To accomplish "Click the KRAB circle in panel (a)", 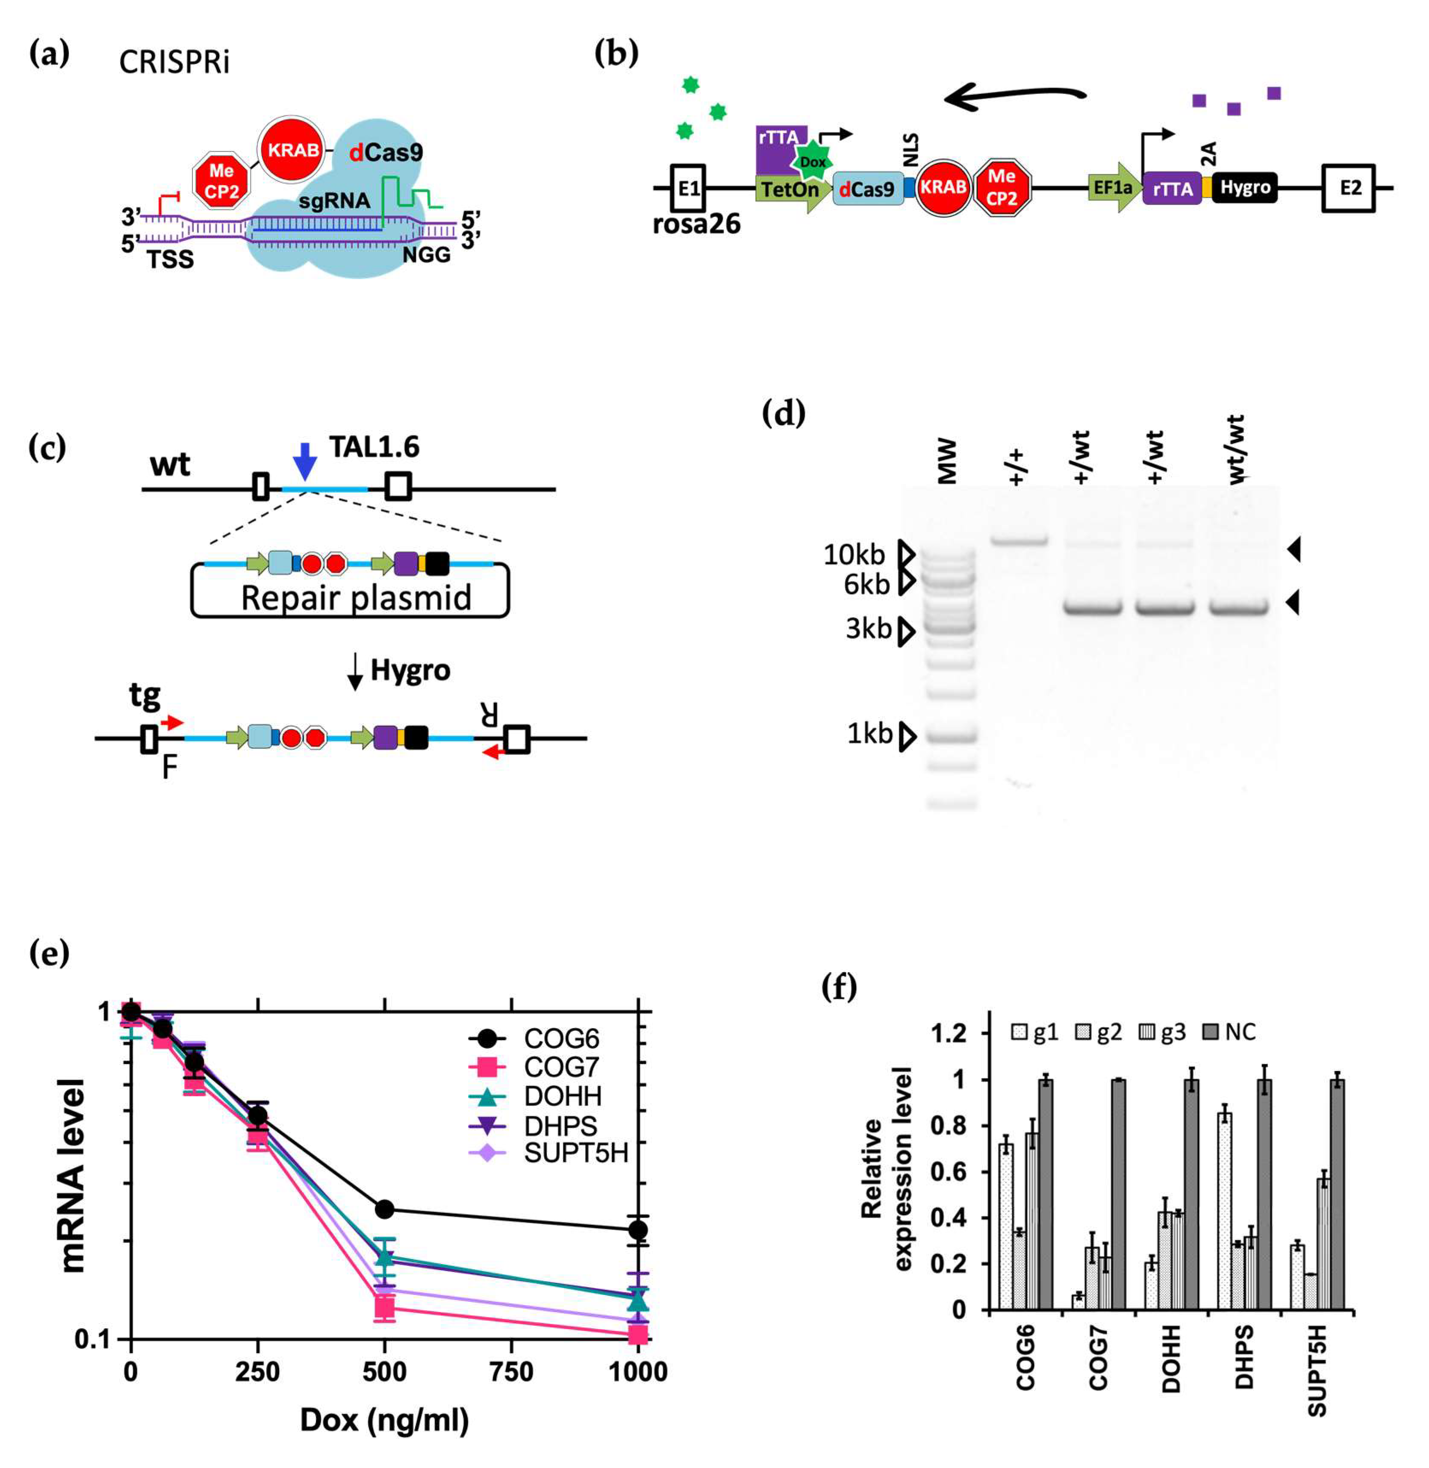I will coord(294,150).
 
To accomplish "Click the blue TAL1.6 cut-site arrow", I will coord(304,460).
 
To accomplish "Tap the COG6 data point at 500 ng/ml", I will coord(384,1209).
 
